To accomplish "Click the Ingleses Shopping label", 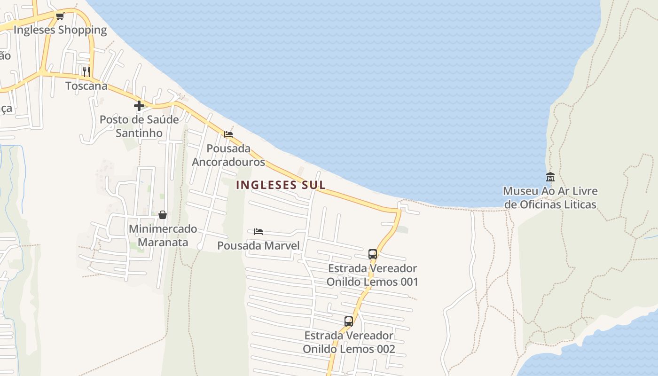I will [x=60, y=30].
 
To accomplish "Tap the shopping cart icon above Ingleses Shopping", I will [x=60, y=16].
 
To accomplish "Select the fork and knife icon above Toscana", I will [x=86, y=71].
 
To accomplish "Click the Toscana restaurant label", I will [x=86, y=86].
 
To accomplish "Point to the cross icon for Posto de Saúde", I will [x=139, y=106].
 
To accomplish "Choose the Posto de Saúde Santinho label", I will [x=139, y=126].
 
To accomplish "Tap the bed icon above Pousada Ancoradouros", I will [x=228, y=134].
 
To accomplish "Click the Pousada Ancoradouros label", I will [x=228, y=156].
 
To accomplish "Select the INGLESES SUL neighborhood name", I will [x=281, y=185].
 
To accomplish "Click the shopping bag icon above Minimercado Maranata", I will [x=163, y=215].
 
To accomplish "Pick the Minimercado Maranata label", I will [x=163, y=236].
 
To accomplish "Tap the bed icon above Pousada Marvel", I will [x=258, y=232].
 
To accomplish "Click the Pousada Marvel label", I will [x=258, y=245].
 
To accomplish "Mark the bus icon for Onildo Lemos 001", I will [x=373, y=254].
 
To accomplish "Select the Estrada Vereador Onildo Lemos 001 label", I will [x=372, y=275].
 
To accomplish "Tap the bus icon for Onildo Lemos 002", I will [x=349, y=321].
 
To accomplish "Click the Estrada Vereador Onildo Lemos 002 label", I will [x=349, y=342].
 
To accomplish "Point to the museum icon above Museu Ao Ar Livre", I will [x=550, y=177].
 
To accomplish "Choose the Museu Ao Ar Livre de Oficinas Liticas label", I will [x=550, y=198].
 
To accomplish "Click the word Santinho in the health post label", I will [x=139, y=133].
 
